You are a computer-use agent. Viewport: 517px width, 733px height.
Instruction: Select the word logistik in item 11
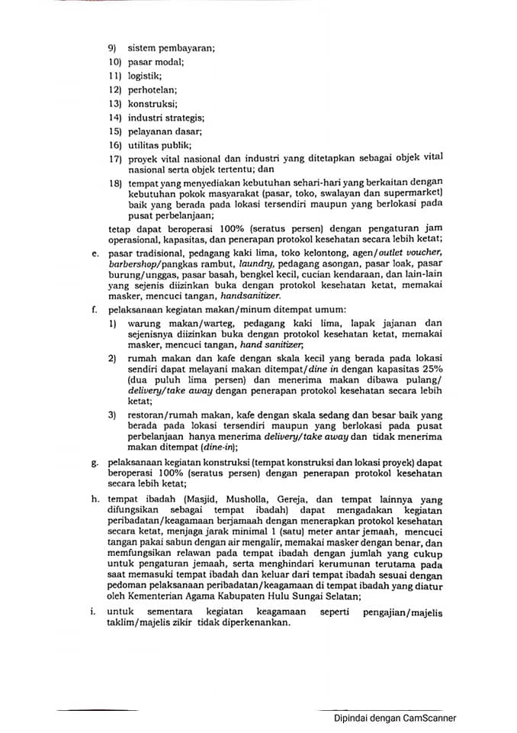[x=143, y=76]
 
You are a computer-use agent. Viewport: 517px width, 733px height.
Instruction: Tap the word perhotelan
[x=152, y=89]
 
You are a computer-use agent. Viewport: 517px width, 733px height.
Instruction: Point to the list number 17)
[x=115, y=158]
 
